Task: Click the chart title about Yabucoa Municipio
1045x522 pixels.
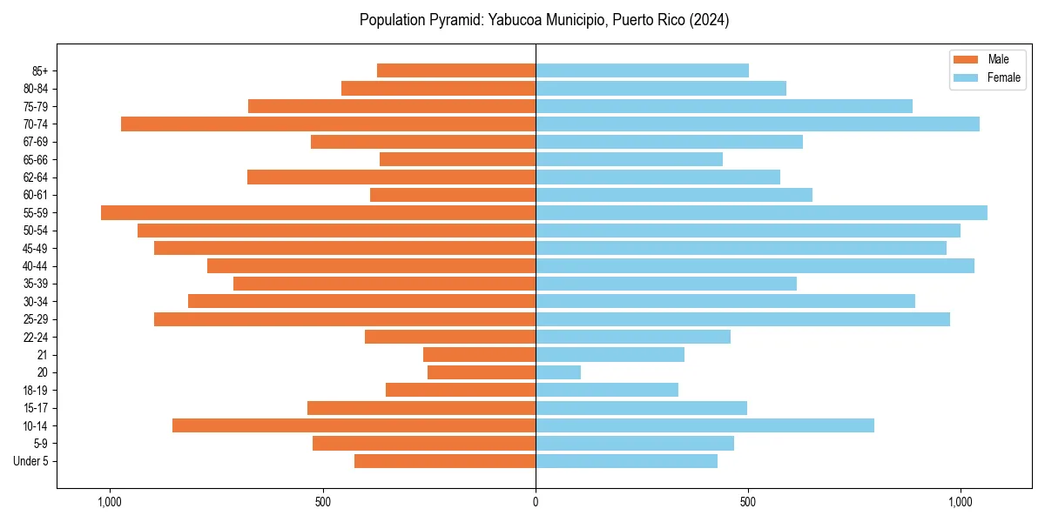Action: pos(544,20)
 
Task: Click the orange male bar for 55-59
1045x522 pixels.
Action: pos(318,212)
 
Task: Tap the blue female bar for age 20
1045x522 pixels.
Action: pos(558,372)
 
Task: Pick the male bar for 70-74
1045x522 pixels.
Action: pos(328,124)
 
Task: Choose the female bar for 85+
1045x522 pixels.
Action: pos(642,70)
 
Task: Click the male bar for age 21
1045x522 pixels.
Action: pos(479,354)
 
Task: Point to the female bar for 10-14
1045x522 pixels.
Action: pos(705,425)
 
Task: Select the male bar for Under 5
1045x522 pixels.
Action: pos(445,461)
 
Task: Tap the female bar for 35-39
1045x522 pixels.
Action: pos(666,284)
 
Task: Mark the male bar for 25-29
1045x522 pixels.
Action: pos(345,319)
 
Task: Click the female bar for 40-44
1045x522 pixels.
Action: pos(755,265)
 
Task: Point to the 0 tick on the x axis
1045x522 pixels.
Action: pos(536,502)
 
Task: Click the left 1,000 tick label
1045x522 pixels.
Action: pos(110,502)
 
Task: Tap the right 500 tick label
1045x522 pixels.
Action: pos(748,502)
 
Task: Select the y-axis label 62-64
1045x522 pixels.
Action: pos(37,177)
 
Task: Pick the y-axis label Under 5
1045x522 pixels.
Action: pos(31,461)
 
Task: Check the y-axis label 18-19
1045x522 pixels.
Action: pos(37,391)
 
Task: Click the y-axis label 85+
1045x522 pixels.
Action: pos(39,70)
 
